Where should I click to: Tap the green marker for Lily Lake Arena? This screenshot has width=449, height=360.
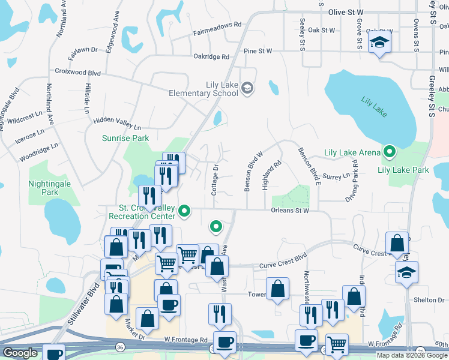click(x=389, y=152)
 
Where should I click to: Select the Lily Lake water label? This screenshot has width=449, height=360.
click(x=375, y=106)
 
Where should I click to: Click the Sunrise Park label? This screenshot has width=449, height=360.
click(x=125, y=138)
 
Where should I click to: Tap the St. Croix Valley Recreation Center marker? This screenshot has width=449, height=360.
click(x=185, y=211)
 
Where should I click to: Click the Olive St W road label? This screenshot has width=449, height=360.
click(x=346, y=12)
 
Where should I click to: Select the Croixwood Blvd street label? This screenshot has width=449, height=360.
click(x=77, y=72)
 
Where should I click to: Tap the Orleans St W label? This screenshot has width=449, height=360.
click(x=289, y=211)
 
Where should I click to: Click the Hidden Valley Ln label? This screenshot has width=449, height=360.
click(x=116, y=124)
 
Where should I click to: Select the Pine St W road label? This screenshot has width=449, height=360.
click(x=258, y=52)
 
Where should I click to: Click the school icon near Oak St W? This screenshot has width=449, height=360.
click(x=379, y=43)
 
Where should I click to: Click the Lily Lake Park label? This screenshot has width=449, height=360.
click(x=403, y=170)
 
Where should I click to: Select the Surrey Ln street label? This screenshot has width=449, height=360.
click(x=336, y=177)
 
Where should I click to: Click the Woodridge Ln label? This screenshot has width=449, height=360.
click(x=38, y=152)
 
